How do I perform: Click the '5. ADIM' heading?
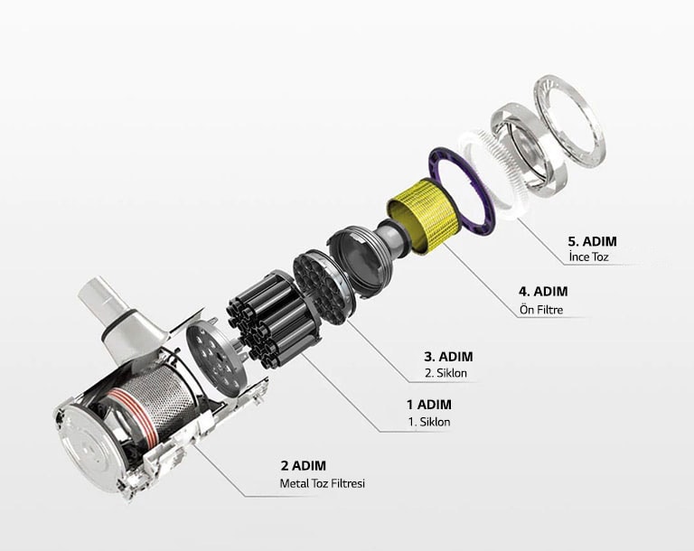point(596,241)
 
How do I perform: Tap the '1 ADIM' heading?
point(428,405)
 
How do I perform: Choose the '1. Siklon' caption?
point(428,422)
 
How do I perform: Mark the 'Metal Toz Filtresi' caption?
point(323,483)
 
